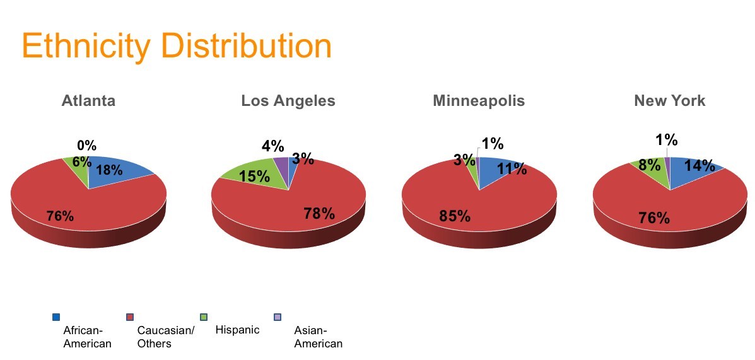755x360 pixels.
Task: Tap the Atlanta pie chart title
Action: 88,101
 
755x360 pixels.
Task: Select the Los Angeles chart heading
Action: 288,101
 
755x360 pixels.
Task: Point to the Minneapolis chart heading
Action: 479,101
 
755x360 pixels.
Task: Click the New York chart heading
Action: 669,101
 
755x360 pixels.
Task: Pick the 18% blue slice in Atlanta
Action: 115,171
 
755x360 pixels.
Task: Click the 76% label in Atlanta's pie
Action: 60,216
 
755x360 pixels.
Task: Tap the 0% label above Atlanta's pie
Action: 86,146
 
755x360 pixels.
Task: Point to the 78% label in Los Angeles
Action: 319,213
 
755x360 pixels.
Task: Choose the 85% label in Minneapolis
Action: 455,216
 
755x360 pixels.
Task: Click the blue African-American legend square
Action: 56,317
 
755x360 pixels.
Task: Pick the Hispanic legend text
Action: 237,330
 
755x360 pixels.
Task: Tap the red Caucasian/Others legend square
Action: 129,317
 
